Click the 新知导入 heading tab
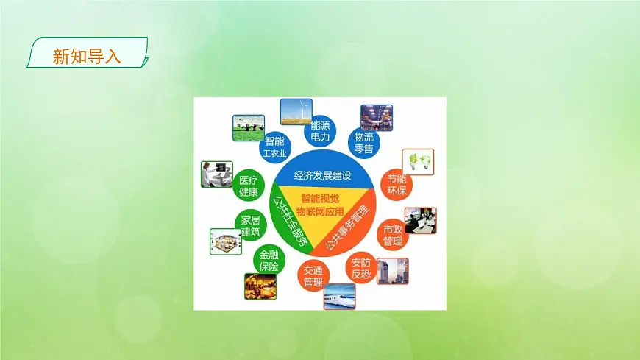[x=87, y=54]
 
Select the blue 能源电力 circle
[x=321, y=131]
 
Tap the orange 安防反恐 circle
[x=361, y=269]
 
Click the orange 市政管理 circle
[x=392, y=236]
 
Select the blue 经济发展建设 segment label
[x=323, y=175]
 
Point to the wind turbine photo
[x=296, y=111]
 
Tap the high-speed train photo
[x=339, y=295]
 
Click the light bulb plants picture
[x=418, y=162]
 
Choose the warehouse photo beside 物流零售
[x=377, y=117]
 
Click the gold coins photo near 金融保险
[x=260, y=286]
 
